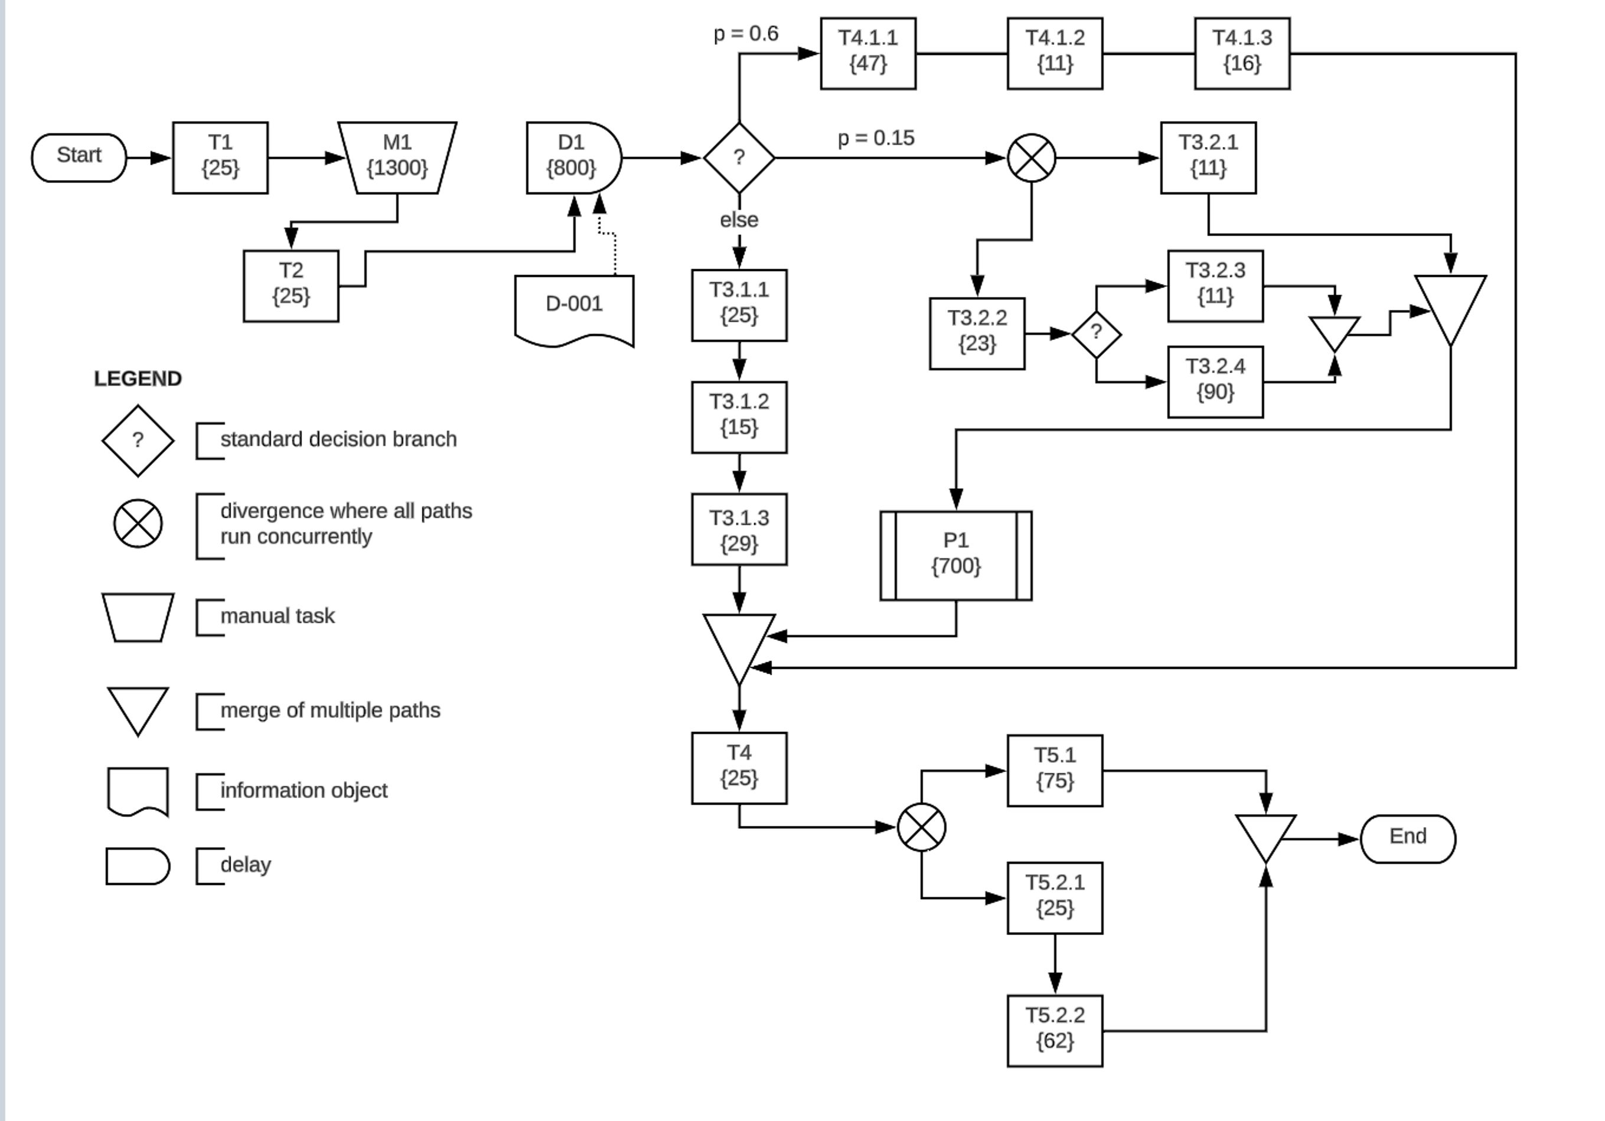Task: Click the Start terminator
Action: pyautogui.click(x=79, y=157)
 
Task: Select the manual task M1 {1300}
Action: pyautogui.click(x=397, y=157)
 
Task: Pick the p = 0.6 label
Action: pyautogui.click(x=745, y=34)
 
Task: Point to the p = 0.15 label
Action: pyautogui.click(x=875, y=138)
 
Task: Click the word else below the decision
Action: pyautogui.click(x=739, y=220)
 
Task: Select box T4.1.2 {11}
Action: pyautogui.click(x=1054, y=53)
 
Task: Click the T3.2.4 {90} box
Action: pyautogui.click(x=1215, y=381)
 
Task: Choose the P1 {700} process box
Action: pyautogui.click(x=955, y=555)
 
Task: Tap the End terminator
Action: pyautogui.click(x=1407, y=838)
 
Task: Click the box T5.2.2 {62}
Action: pyautogui.click(x=1054, y=1030)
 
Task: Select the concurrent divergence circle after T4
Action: pyautogui.click(x=921, y=828)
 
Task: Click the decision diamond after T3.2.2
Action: pyautogui.click(x=1095, y=334)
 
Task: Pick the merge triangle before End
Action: pyautogui.click(x=1265, y=835)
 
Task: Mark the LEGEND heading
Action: pyautogui.click(x=138, y=379)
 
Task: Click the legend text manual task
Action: pyautogui.click(x=277, y=616)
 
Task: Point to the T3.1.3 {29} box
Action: pyautogui.click(x=739, y=529)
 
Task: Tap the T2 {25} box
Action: pyautogui.click(x=291, y=286)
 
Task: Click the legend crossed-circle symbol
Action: pyautogui.click(x=138, y=524)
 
